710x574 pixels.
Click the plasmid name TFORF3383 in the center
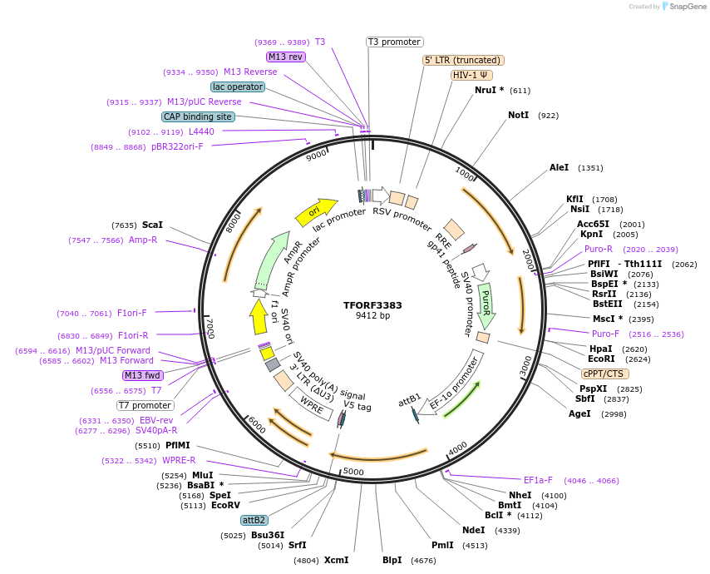(372, 305)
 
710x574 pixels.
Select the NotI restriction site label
(518, 115)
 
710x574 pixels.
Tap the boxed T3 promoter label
(395, 42)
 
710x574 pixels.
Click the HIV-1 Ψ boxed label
(471, 75)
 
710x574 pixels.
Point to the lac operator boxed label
(237, 87)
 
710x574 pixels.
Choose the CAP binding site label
(198, 117)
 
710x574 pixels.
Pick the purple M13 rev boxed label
(285, 57)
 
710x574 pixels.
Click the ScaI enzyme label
(152, 225)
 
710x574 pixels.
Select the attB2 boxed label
(254, 520)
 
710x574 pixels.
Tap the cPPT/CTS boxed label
(604, 374)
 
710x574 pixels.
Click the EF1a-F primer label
(538, 480)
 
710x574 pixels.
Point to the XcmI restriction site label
(336, 560)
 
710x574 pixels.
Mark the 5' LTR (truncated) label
(463, 60)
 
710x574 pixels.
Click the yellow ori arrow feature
(316, 211)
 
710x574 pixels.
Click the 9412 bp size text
(372, 316)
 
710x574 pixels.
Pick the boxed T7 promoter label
(145, 405)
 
